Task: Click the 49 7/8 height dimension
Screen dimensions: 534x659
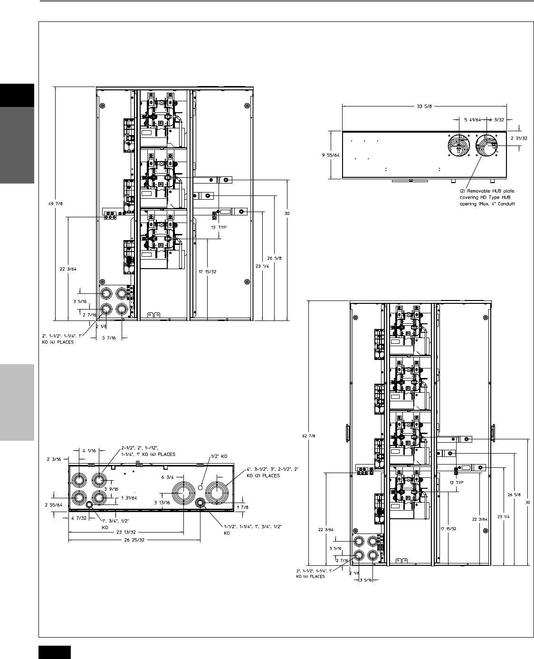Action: coord(56,204)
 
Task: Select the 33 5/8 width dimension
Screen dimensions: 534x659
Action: coord(424,107)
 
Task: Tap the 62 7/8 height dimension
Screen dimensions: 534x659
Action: coord(308,436)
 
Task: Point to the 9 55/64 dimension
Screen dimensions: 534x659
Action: coord(331,155)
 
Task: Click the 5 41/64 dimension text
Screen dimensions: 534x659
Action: coord(473,120)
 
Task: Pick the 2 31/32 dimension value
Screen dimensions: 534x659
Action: coord(519,138)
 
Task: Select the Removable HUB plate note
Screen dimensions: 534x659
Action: coord(487,197)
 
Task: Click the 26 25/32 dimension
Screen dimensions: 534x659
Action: coord(134,540)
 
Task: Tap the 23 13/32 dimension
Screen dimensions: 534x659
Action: coord(126,532)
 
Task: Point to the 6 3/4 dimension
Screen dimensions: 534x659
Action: coord(167,477)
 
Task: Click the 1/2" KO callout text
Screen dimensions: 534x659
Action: coord(219,456)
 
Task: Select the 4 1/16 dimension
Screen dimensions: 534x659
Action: coord(89,451)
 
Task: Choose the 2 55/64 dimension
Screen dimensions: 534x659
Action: coord(54,505)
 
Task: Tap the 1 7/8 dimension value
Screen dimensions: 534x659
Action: coord(242,507)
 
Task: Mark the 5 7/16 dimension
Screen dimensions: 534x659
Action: coord(109,338)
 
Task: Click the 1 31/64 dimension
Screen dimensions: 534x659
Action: coord(129,498)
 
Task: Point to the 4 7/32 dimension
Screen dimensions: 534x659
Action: coord(79,518)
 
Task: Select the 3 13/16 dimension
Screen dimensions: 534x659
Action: coord(162,503)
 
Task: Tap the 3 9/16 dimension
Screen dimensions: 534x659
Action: coord(111,489)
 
